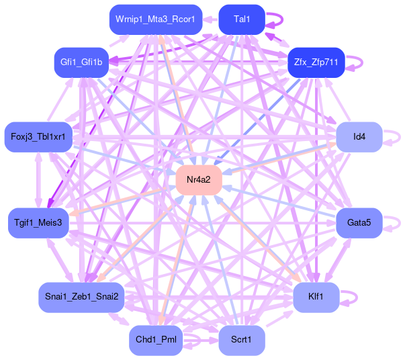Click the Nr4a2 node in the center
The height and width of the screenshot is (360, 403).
click(x=199, y=180)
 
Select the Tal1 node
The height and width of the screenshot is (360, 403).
click(x=242, y=19)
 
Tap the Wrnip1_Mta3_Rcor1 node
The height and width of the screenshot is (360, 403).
click(x=156, y=19)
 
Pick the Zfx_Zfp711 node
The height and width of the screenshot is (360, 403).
click(x=316, y=62)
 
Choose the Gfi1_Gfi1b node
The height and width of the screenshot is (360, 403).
click(x=81, y=62)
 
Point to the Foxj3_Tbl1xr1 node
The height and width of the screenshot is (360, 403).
click(x=38, y=137)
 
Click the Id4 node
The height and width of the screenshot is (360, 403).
click(x=359, y=137)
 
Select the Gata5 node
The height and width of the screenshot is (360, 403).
click(x=359, y=222)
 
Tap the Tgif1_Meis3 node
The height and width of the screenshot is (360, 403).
click(x=38, y=222)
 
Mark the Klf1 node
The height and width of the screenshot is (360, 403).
click(x=316, y=297)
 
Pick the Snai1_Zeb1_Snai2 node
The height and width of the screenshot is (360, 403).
click(x=81, y=297)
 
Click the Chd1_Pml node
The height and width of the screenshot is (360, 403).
click(x=156, y=340)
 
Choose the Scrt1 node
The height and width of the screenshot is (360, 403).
click(x=242, y=340)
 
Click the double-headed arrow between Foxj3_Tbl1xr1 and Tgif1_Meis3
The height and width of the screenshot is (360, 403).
click(x=38, y=180)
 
